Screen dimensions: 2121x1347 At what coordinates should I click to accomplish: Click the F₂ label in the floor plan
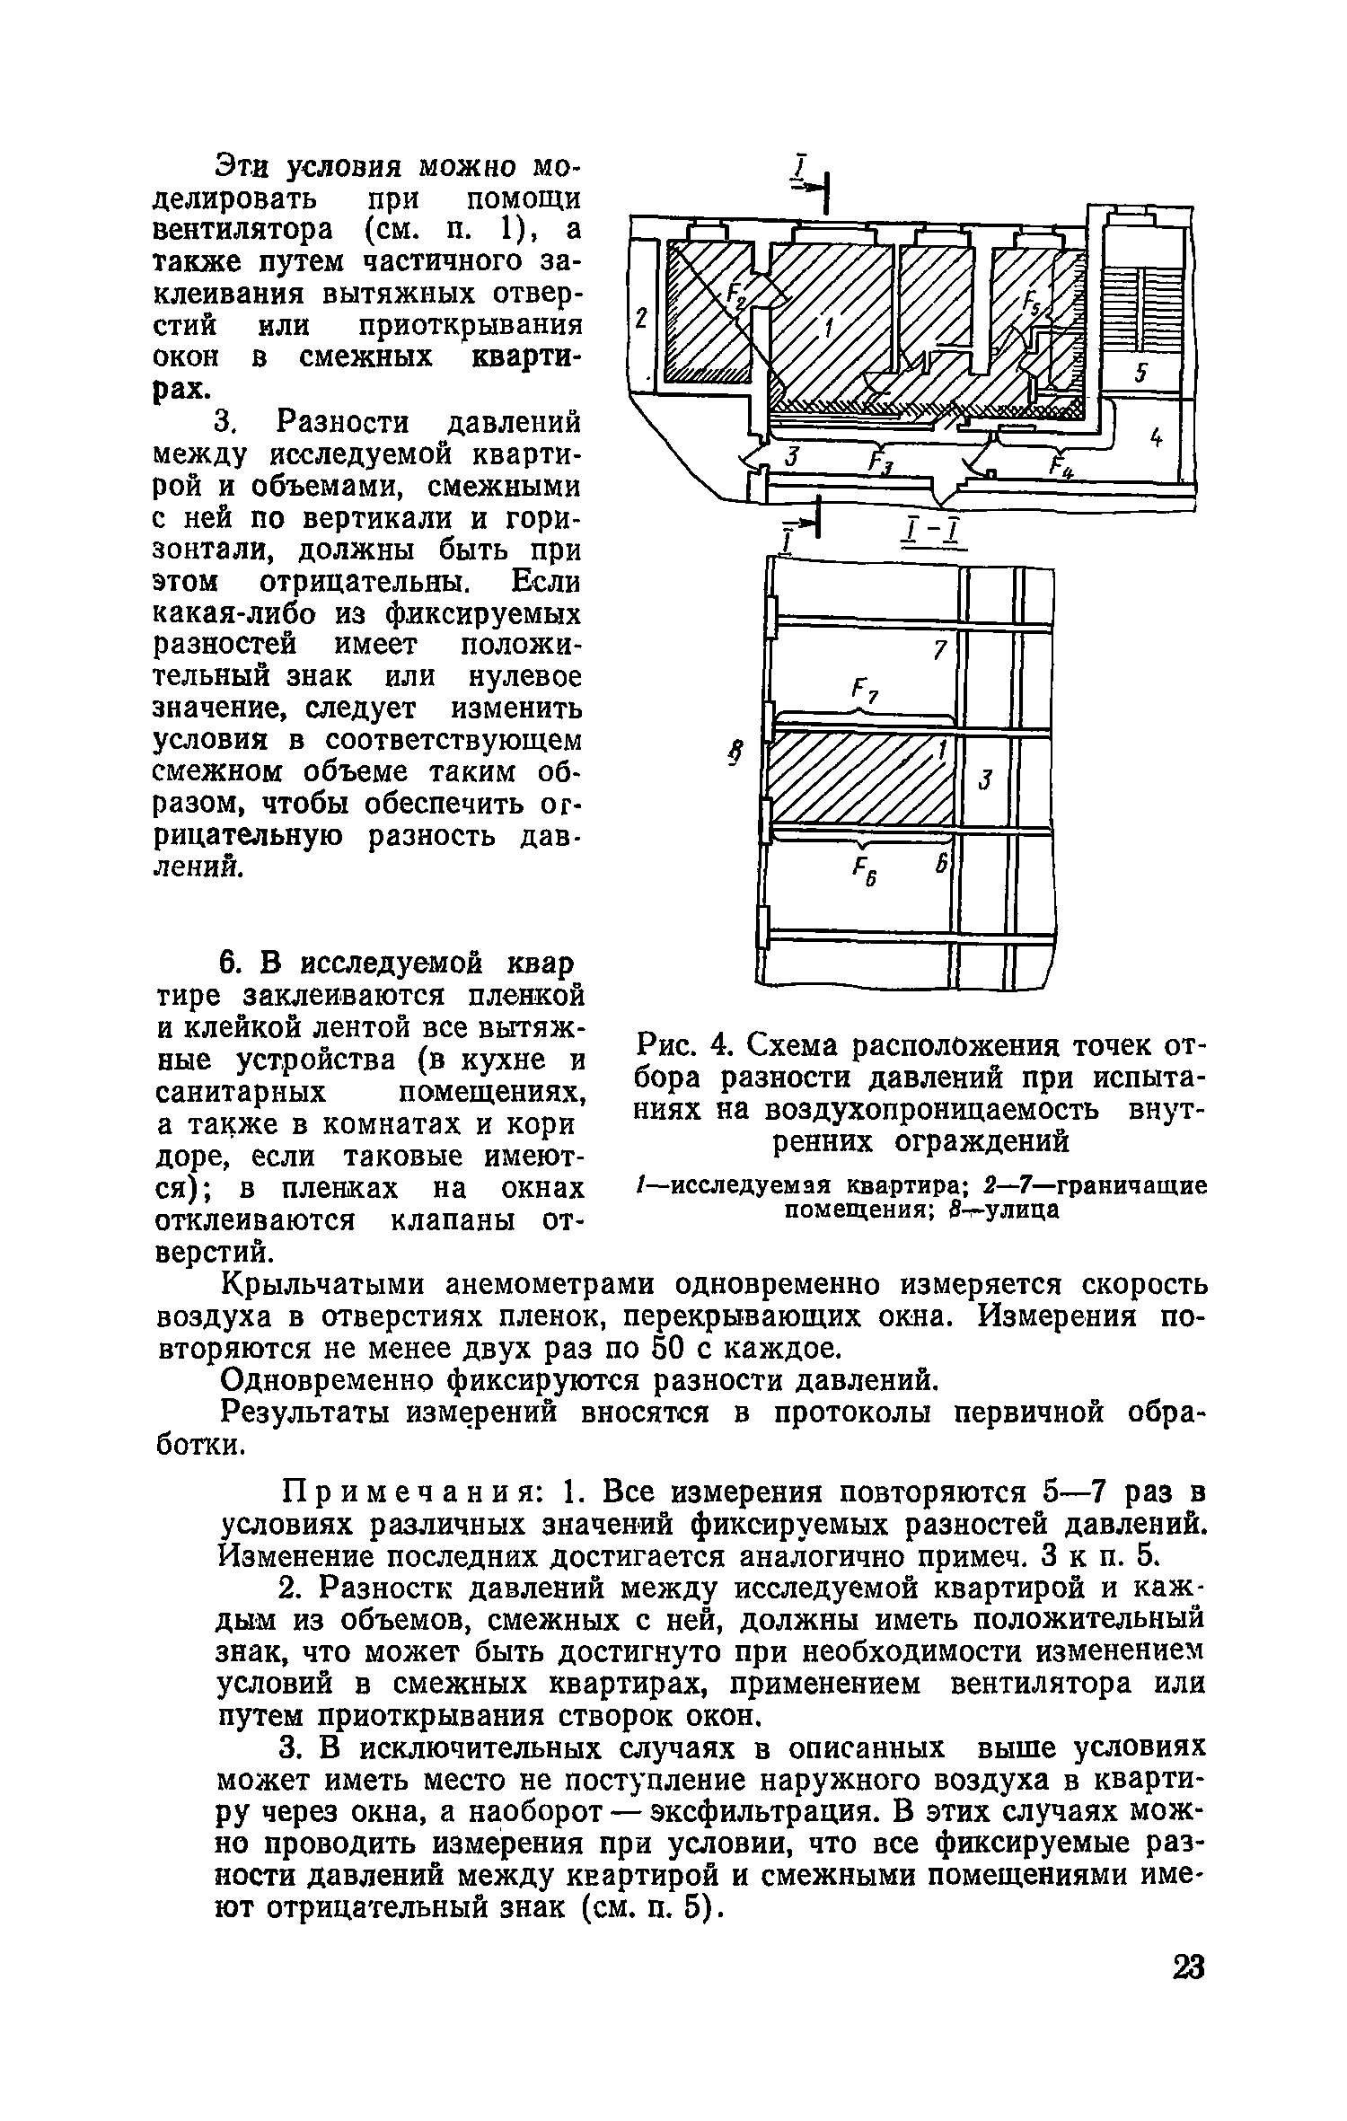737,294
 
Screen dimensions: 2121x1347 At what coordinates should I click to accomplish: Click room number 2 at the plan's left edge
640,319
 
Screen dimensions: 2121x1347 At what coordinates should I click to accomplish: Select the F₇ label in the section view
865,692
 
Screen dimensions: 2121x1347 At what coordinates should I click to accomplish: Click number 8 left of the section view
735,754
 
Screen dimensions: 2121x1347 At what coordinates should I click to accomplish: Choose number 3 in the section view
984,779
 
